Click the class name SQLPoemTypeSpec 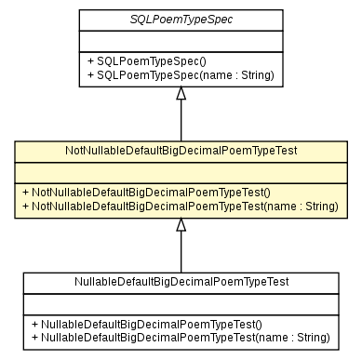[181, 20]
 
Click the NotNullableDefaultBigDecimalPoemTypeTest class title [181, 151]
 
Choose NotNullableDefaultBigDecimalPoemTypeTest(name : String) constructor [181, 206]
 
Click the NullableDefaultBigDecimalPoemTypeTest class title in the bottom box [181, 282]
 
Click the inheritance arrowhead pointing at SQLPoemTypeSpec [181, 93]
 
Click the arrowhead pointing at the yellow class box [181, 224]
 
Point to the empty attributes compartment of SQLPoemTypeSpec [181, 40]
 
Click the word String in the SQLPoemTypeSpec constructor [254, 74]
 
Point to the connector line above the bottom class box [181, 252]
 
